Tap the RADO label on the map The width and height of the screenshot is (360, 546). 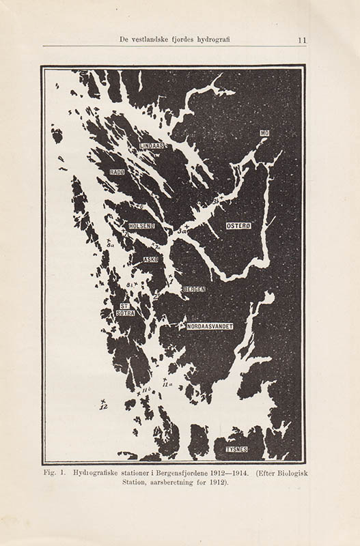click(117, 173)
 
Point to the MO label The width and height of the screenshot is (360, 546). click(264, 133)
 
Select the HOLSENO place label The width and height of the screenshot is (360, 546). click(141, 226)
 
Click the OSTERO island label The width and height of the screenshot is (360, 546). click(239, 225)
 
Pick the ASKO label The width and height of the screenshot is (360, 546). click(151, 260)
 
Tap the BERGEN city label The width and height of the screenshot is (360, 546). click(194, 289)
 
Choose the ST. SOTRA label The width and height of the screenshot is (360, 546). click(125, 309)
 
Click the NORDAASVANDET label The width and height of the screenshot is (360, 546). click(210, 327)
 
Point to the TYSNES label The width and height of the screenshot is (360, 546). click(236, 449)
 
